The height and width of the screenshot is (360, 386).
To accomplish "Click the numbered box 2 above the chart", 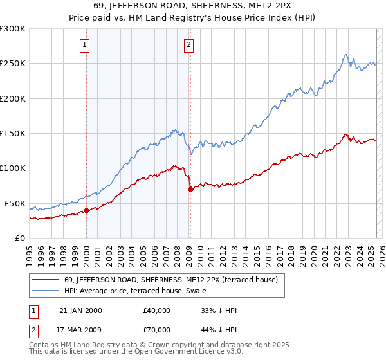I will click(x=188, y=45).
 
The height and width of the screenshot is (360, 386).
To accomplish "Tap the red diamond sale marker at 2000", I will click(x=86, y=210).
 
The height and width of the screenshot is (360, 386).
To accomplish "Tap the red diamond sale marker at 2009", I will click(x=190, y=189).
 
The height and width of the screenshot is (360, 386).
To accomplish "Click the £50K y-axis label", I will click(x=15, y=203).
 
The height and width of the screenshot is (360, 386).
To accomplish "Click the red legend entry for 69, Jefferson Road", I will click(x=170, y=280).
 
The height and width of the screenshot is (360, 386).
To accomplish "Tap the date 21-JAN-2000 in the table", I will click(x=80, y=310).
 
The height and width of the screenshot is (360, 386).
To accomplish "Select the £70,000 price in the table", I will click(x=156, y=332).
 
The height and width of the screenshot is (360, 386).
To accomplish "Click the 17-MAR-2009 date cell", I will click(x=80, y=332).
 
